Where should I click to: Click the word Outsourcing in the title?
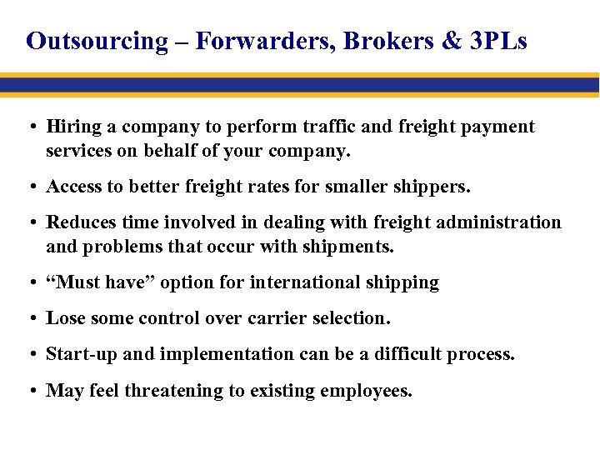[x=97, y=41]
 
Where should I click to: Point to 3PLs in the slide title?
[x=498, y=41]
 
